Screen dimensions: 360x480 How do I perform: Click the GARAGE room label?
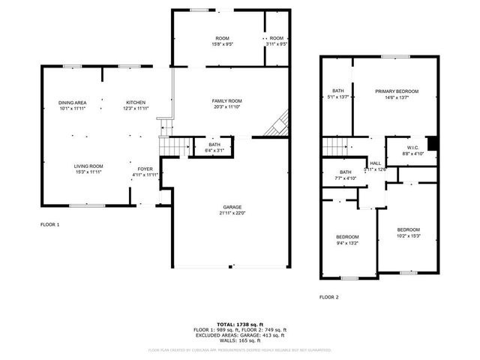(x=231, y=207)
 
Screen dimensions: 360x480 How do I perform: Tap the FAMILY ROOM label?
(x=226, y=100)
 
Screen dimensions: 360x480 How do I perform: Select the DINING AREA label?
(x=73, y=103)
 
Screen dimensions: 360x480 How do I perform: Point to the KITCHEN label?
(x=136, y=103)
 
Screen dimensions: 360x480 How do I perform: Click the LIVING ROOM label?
(x=88, y=166)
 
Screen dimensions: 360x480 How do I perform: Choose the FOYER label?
(x=145, y=169)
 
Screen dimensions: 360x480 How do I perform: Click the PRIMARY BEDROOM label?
(x=397, y=91)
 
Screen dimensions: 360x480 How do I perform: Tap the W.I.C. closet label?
(x=413, y=148)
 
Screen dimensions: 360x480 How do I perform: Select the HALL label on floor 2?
(x=374, y=163)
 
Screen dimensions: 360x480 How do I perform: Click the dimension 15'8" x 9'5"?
(x=223, y=44)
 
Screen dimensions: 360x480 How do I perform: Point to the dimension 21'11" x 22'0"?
(x=231, y=213)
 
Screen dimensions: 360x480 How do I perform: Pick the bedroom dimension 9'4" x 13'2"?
(x=347, y=243)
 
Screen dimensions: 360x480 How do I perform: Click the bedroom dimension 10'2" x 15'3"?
(x=408, y=235)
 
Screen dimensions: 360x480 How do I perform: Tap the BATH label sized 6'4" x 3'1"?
(x=215, y=145)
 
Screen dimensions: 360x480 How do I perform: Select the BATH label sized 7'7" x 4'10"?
(x=346, y=172)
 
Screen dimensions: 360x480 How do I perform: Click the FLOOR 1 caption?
(x=49, y=224)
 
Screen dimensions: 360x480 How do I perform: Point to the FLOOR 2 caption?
(x=328, y=297)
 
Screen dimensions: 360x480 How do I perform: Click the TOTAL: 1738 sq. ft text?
(x=239, y=324)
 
